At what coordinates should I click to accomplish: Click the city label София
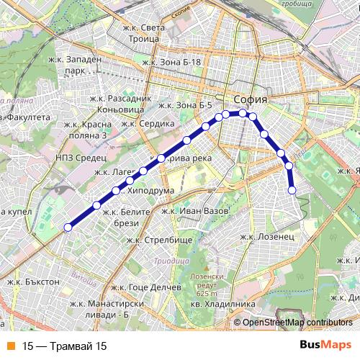(x=251, y=99)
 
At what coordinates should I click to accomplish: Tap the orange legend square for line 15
(x=9, y=346)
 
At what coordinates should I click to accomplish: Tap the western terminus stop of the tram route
(x=68, y=228)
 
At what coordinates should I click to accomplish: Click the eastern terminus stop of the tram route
(x=292, y=190)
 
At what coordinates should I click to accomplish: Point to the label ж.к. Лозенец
(x=266, y=236)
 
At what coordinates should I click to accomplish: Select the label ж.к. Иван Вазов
(x=195, y=210)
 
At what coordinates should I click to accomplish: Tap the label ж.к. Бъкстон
(x=33, y=282)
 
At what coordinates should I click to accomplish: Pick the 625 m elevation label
(x=206, y=294)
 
